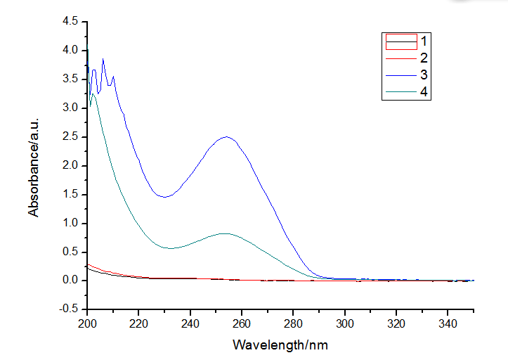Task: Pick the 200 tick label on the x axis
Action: pos(87,324)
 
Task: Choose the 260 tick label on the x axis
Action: pos(242,324)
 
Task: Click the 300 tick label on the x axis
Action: pos(344,324)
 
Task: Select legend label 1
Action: pos(423,39)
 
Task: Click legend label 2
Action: pos(423,56)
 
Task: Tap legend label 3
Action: pos(423,75)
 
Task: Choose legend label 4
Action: pos(423,92)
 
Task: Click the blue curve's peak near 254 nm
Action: pos(226,137)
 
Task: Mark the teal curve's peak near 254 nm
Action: pos(225,233)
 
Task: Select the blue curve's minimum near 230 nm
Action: pos(164,197)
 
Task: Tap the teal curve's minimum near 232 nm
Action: pos(169,247)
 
